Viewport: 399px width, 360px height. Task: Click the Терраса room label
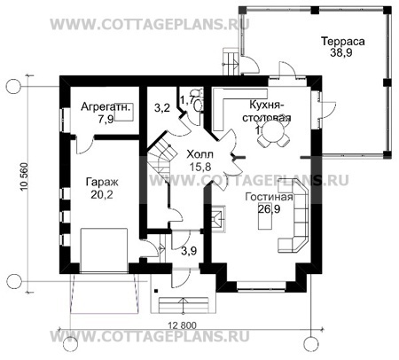pyautogui.click(x=340, y=41)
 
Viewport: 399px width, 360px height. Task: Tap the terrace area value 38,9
pyautogui.click(x=340, y=54)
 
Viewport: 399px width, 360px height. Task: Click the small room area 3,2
pyautogui.click(x=161, y=108)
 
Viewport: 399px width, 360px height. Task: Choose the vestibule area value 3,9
pyautogui.click(x=187, y=251)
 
